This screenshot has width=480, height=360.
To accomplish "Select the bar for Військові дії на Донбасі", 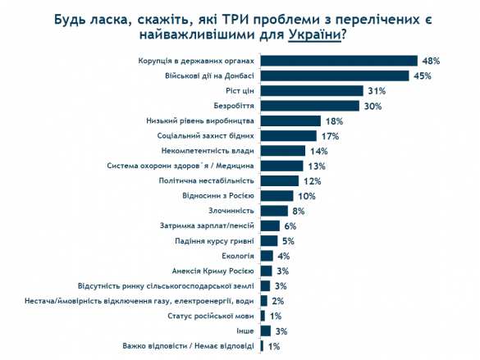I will point(334,75).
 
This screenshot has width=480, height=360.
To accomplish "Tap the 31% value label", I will point(377,91).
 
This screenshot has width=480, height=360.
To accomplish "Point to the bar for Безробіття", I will point(309,106).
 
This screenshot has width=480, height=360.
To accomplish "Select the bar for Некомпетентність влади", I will point(282,151).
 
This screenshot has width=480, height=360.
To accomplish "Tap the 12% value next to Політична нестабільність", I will point(312,181).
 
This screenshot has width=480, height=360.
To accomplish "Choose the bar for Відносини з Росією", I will point(277,196).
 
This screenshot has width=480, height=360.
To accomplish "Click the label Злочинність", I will point(234,211).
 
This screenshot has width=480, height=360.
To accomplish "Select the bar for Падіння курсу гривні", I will point(268,241).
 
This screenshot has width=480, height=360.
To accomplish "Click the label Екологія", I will point(239,256).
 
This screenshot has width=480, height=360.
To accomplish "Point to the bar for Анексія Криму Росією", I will point(266,271).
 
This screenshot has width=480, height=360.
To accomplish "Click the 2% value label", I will point(278,301).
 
